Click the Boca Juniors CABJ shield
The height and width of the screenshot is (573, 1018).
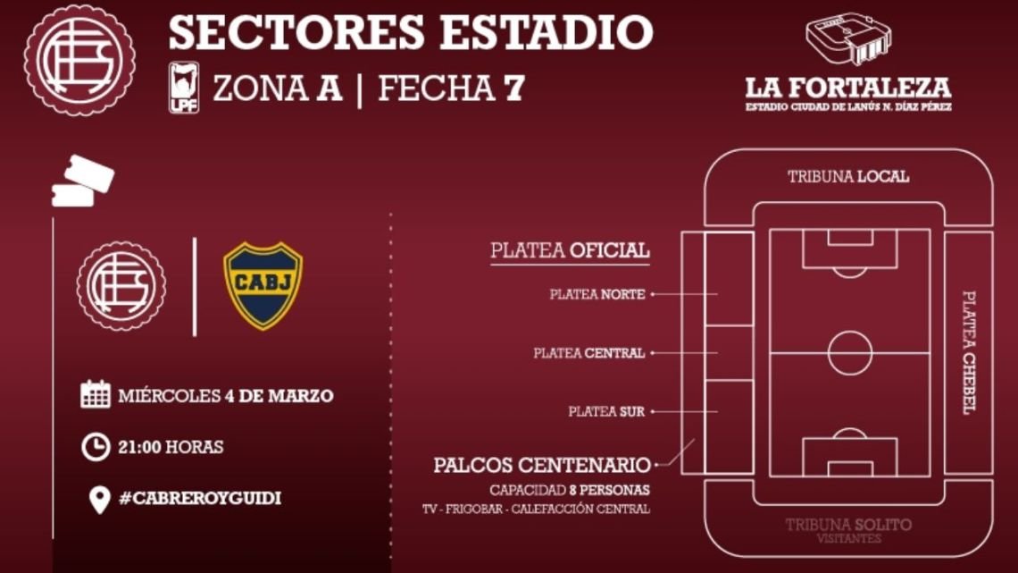[x=263, y=286]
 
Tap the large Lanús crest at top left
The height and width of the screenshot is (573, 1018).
[x=79, y=61]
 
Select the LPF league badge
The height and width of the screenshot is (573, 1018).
[x=184, y=88]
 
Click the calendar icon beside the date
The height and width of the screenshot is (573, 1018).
[x=96, y=394]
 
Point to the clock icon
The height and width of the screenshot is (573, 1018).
[x=96, y=447]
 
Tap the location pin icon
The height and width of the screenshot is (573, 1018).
[x=99, y=500]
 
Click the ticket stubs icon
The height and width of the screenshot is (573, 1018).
[x=82, y=181]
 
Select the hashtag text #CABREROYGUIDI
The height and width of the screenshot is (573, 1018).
[x=200, y=498]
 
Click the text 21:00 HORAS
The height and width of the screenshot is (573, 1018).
[x=171, y=447]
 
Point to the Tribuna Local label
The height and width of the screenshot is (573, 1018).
[x=848, y=177]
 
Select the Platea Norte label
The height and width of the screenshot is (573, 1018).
[x=597, y=294]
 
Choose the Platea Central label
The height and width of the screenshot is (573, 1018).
[x=588, y=353]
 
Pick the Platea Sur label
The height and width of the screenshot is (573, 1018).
[x=606, y=411]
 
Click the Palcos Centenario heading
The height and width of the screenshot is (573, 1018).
[x=541, y=465]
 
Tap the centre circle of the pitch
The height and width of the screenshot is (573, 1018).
[x=850, y=353]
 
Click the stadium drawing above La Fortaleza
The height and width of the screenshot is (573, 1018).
[x=848, y=40]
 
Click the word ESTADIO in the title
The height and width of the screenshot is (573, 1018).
[x=546, y=32]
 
